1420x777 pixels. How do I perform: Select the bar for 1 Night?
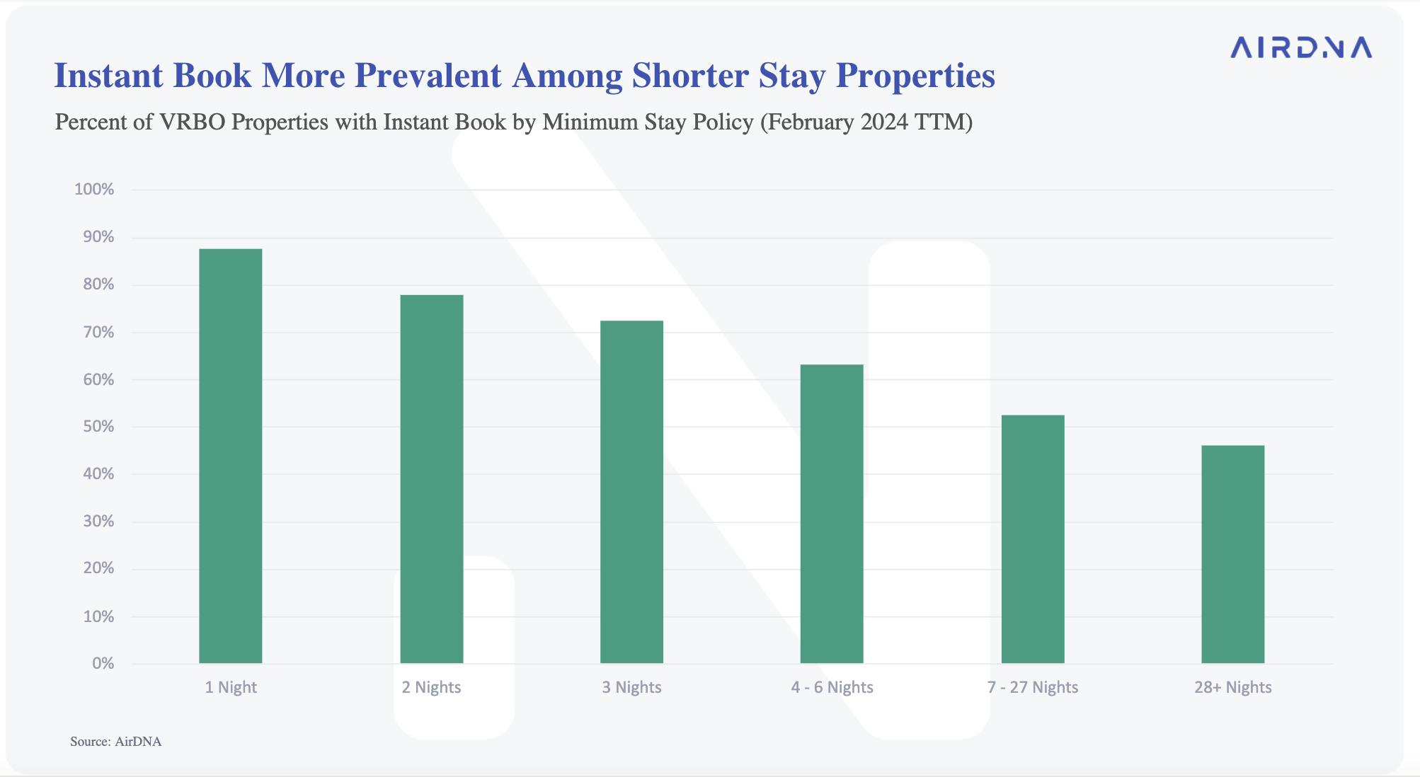tap(231, 456)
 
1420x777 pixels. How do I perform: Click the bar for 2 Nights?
tap(432, 478)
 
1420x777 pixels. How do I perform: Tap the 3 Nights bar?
tap(631, 492)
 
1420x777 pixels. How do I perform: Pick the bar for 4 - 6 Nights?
tap(832, 514)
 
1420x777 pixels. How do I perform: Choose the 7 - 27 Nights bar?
tap(1033, 539)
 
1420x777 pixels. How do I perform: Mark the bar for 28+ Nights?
tap(1232, 554)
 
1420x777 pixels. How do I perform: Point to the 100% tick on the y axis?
tap(94, 189)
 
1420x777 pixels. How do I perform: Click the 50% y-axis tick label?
tap(98, 427)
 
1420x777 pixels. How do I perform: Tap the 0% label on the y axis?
tap(103, 664)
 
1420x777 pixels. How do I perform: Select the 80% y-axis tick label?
tap(98, 284)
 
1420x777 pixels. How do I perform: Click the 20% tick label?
tap(98, 568)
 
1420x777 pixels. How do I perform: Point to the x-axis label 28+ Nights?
tap(1232, 687)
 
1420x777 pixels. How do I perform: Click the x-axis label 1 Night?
tap(231, 687)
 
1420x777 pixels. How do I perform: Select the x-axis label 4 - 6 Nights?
tap(832, 687)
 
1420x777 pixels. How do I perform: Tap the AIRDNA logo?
tap(1301, 48)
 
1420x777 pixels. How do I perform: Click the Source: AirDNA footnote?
tap(115, 742)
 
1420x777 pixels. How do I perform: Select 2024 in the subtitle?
tap(884, 122)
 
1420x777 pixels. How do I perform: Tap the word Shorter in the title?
tap(690, 76)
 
